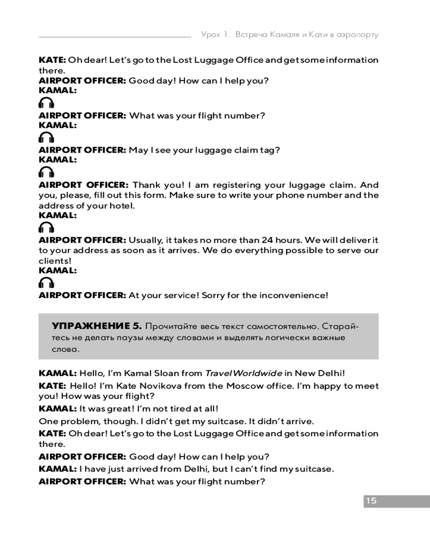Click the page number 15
(371, 501)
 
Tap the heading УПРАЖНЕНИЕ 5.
(96, 325)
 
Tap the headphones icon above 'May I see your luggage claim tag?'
(47, 137)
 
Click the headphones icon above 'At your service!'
(47, 282)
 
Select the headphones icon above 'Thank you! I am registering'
(47, 172)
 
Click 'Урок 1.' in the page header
(216, 34)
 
